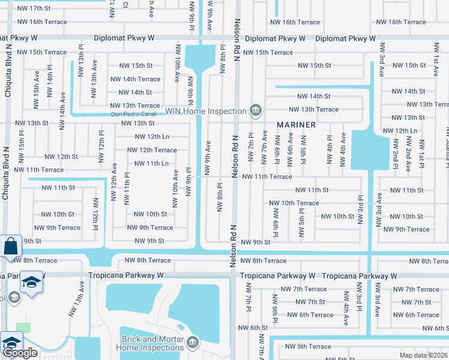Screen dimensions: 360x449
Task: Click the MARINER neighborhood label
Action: pos(297,125)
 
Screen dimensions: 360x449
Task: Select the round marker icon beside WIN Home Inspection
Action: pos(256,110)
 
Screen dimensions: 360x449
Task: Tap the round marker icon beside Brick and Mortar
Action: pos(193,343)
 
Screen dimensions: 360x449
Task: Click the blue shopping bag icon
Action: pos(11,246)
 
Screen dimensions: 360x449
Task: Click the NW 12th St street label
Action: pos(59,157)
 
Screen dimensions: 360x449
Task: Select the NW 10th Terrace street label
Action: pos(294,203)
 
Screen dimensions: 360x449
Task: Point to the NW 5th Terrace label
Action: pos(308,346)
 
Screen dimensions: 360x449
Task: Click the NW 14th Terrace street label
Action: pos(140,79)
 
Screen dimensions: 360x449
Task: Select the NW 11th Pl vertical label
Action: pos(127,189)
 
